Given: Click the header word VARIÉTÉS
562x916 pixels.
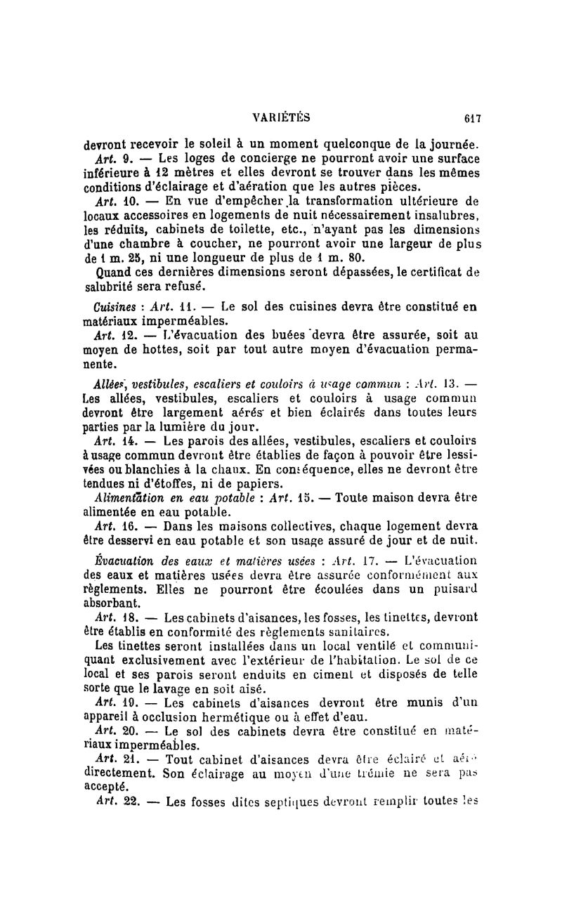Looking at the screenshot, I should click(284, 118).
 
